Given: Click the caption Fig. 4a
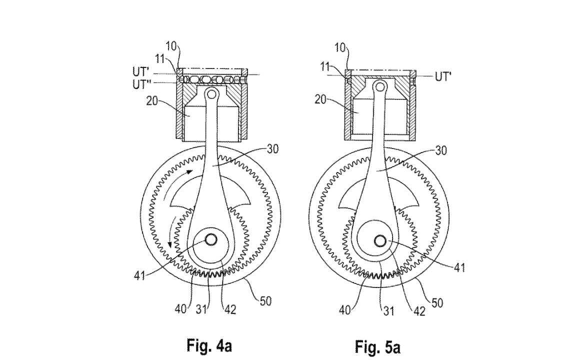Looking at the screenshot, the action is click(209, 345).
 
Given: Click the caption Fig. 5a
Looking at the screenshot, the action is click(377, 346).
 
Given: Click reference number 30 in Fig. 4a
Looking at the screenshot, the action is click(272, 149).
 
